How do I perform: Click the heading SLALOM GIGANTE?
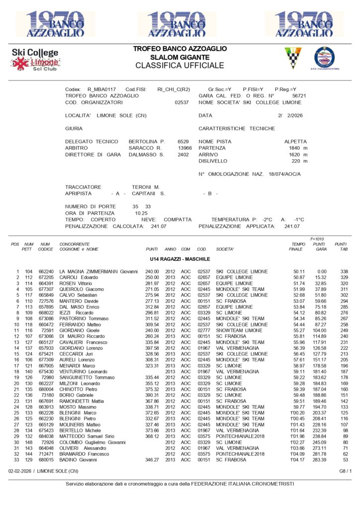point(180,57)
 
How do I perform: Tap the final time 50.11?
point(299,271)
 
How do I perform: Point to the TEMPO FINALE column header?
point(298,247)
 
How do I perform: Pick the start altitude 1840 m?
point(298,148)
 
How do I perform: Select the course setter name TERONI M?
point(146,187)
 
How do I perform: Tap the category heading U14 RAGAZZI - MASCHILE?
point(180,259)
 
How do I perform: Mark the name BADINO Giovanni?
point(77,460)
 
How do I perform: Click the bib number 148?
point(29,442)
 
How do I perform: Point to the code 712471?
point(46,454)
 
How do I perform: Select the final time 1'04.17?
point(297,460)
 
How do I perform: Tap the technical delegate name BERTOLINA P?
point(147,142)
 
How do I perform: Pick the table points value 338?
point(344,271)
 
